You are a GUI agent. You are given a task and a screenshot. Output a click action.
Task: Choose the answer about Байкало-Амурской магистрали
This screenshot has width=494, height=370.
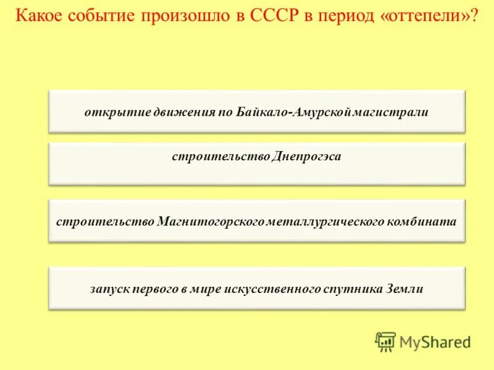(256, 112)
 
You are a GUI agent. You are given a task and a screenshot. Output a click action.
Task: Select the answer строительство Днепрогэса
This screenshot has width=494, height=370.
(256, 157)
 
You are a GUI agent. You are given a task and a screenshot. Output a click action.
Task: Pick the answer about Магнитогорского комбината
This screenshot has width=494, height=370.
(256, 221)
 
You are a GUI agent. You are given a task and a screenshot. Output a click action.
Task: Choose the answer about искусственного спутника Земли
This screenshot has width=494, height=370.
(256, 289)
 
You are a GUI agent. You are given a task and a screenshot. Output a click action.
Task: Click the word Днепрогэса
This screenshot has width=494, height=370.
(305, 157)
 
